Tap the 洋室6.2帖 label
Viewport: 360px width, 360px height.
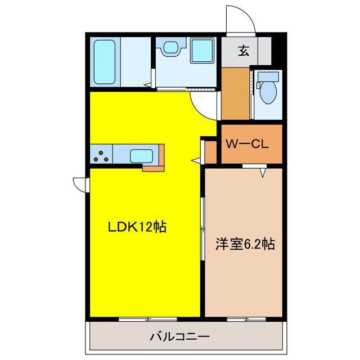(x=245, y=245)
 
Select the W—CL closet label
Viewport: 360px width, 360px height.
(x=250, y=144)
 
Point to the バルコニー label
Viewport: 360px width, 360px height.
(x=179, y=337)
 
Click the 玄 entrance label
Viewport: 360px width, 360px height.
(x=244, y=51)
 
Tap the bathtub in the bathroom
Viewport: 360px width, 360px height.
(x=105, y=61)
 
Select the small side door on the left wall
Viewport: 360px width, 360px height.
(x=80, y=183)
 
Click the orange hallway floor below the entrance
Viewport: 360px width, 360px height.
(x=235, y=93)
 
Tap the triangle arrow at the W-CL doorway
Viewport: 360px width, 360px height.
(x=263, y=173)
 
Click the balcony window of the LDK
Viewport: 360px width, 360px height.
(x=147, y=319)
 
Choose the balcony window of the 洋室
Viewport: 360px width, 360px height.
(x=246, y=319)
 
